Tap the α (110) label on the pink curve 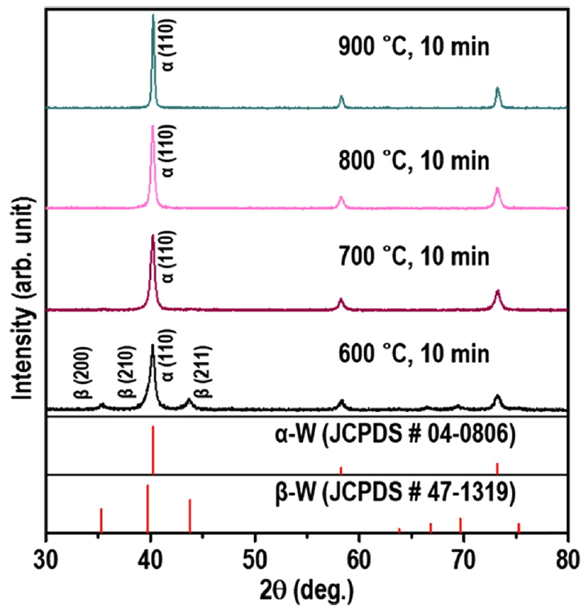pos(169,150)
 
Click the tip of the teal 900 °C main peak pos(153,15)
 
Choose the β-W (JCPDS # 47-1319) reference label pos(392,493)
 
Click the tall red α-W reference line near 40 pos(153,451)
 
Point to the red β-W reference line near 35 pos(101,520)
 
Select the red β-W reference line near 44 pos(190,516)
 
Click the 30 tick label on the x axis pos(46,558)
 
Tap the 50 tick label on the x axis pos(255,558)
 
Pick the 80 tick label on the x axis pos(568,558)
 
